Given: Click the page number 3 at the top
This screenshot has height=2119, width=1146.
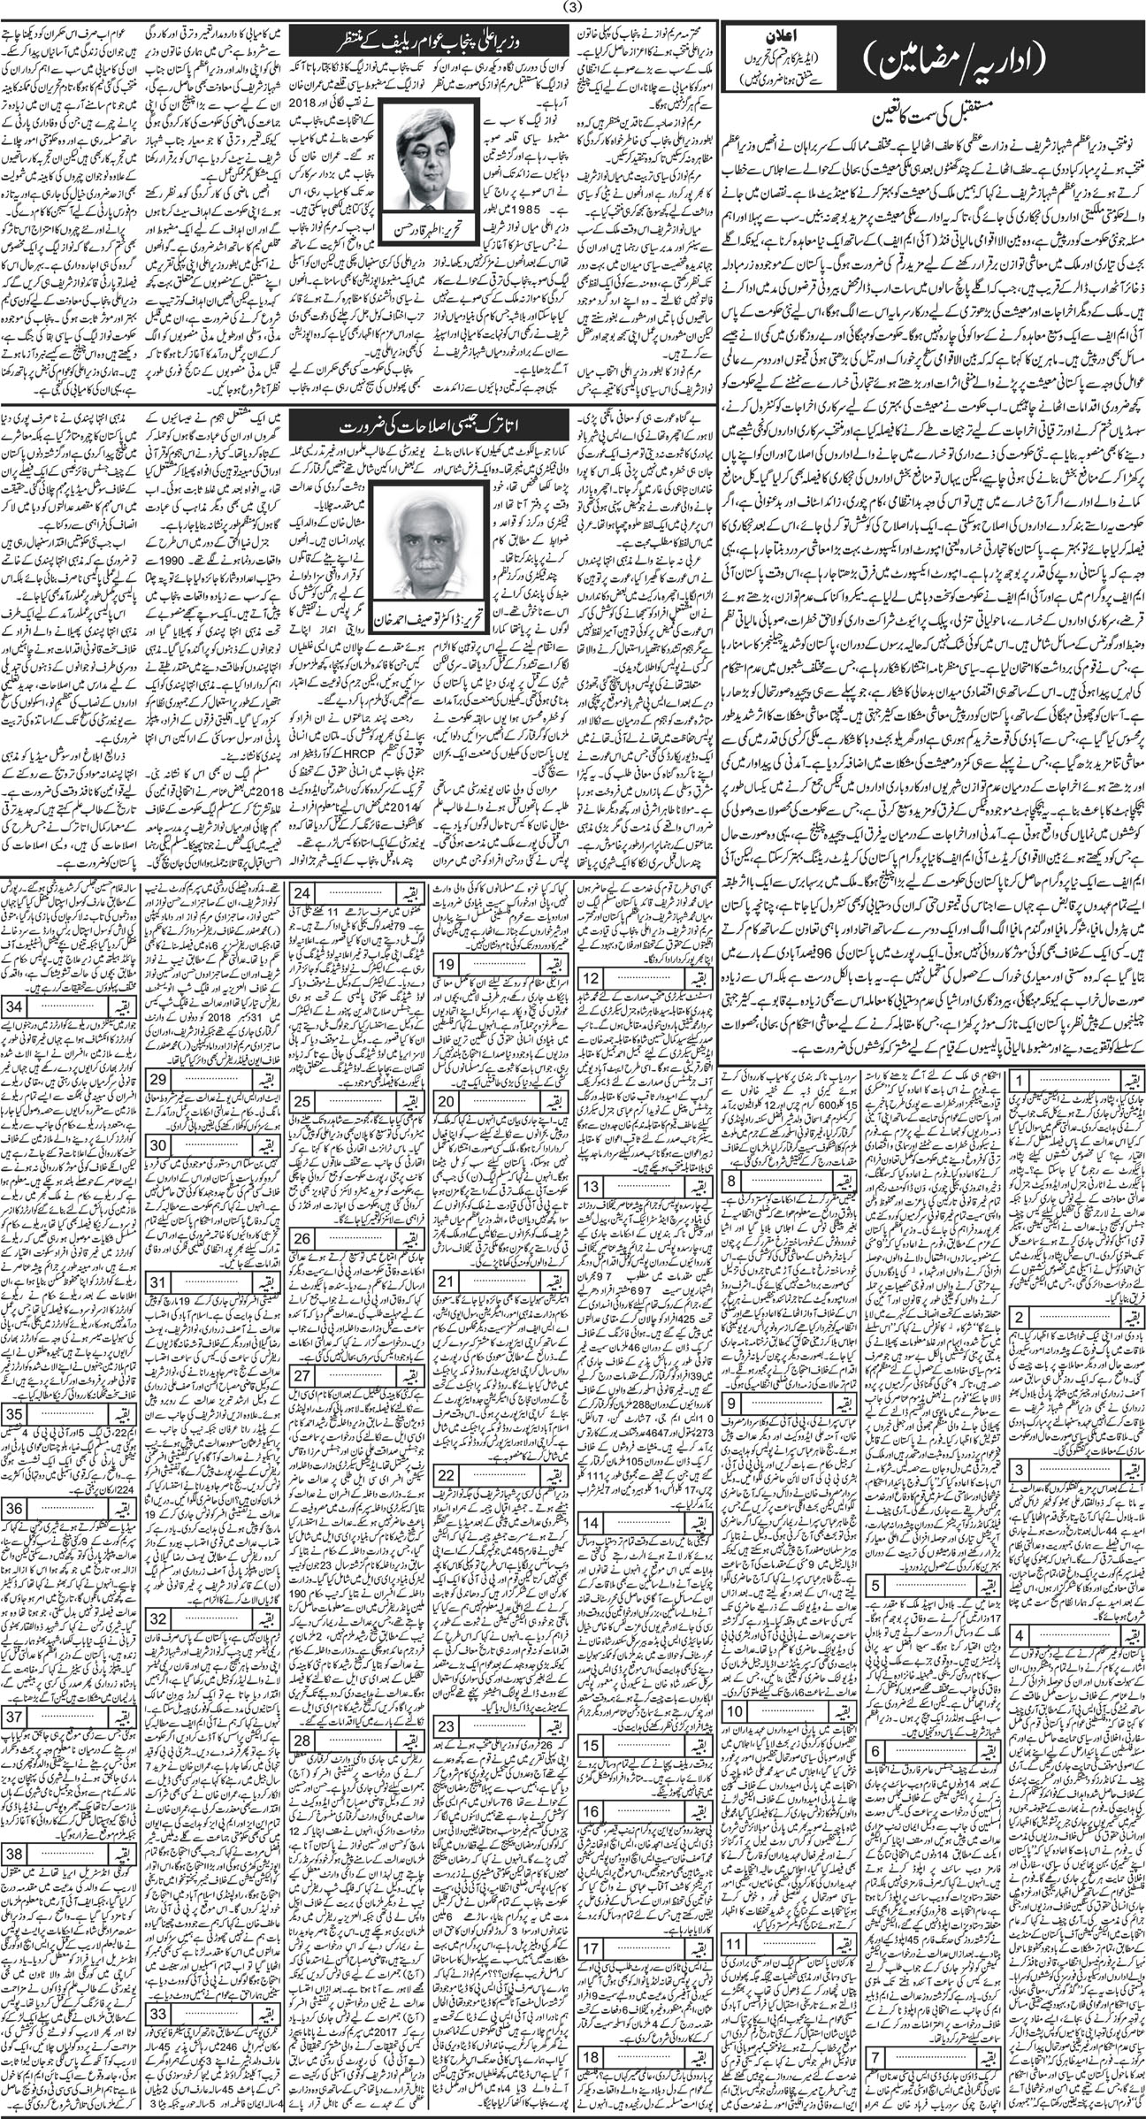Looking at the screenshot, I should [x=573, y=10].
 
